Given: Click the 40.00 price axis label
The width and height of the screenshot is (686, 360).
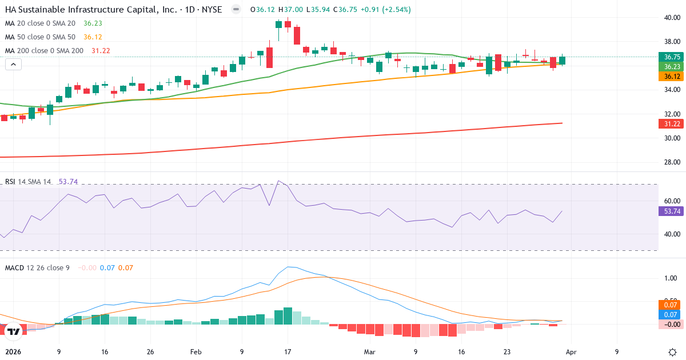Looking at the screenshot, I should (672, 17).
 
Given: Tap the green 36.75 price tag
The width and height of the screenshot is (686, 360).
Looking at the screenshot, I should (671, 57).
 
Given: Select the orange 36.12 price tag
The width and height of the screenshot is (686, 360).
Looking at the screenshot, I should (671, 76).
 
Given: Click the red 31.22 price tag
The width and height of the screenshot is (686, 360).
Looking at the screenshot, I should (671, 124).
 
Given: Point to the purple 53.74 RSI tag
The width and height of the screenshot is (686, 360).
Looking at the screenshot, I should (671, 211).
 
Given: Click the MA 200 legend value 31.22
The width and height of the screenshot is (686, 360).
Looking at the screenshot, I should (101, 50).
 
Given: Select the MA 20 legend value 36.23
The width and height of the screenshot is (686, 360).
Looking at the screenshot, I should (93, 23).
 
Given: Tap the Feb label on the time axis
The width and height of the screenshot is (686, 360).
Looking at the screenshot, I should (196, 352).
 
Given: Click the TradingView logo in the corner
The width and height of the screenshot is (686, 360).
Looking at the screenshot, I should (14, 331).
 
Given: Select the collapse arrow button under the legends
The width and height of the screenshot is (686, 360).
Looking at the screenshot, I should (13, 65).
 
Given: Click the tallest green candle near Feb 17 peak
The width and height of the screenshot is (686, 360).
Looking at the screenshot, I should (278, 25).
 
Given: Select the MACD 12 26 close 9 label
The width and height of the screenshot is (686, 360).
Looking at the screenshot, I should (37, 267).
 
